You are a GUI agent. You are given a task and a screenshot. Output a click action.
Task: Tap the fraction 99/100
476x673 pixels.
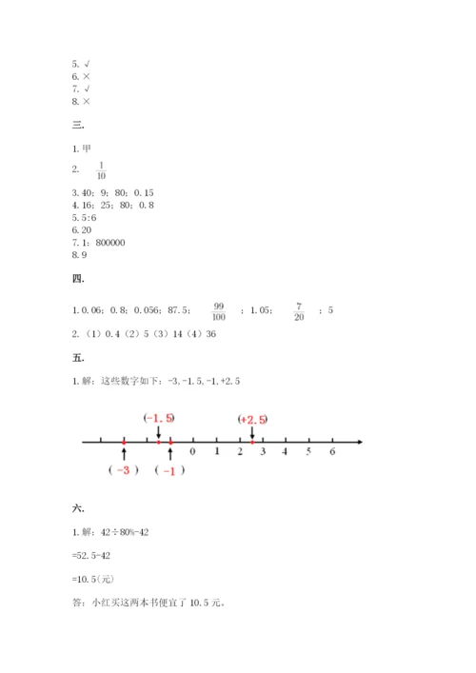pyautogui.click(x=218, y=310)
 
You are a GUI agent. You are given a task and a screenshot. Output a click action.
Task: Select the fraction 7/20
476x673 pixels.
pyautogui.click(x=299, y=310)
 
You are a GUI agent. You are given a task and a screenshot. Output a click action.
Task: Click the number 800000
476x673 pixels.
pyautogui.click(x=110, y=242)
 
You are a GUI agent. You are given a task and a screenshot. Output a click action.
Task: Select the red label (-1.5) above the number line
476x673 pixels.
pyautogui.click(x=159, y=418)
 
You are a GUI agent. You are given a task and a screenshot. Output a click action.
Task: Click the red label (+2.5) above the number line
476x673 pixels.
pyautogui.click(x=253, y=418)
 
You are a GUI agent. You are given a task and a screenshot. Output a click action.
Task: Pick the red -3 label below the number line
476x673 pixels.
pyautogui.click(x=124, y=470)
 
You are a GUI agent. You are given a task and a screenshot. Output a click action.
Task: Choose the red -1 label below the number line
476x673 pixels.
pyautogui.click(x=169, y=470)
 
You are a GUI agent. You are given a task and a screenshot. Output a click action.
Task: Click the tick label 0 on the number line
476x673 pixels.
pyautogui.click(x=193, y=452)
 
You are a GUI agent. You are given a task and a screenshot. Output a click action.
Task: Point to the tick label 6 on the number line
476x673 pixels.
pyautogui.click(x=332, y=452)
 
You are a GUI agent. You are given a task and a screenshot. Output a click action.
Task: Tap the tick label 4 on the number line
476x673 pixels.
pyautogui.click(x=286, y=452)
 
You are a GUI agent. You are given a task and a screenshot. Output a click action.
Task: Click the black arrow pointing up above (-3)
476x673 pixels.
pyautogui.click(x=125, y=453)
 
